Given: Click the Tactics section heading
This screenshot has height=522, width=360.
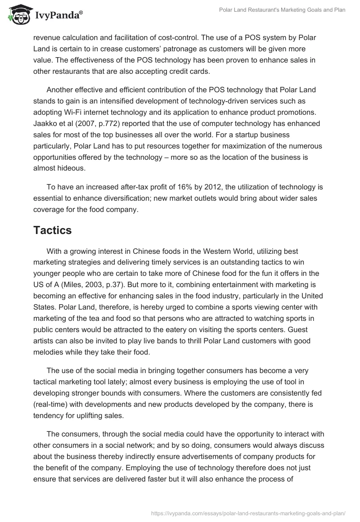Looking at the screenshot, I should [x=52, y=230].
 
